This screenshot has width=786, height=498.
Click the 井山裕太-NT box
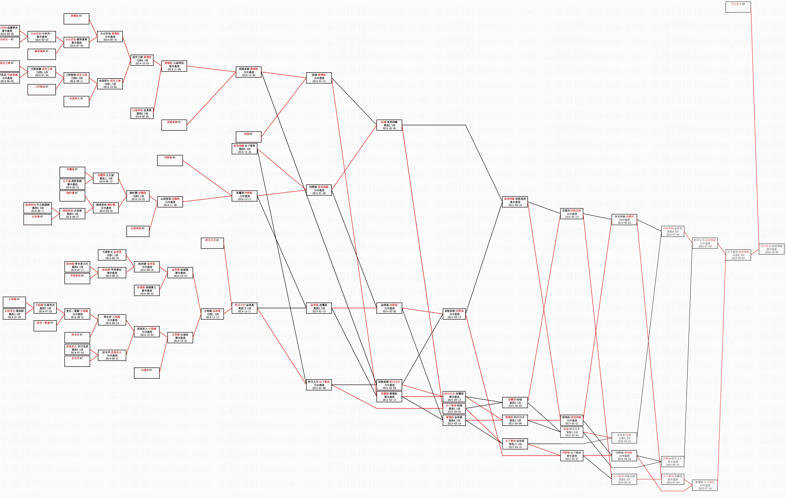738,7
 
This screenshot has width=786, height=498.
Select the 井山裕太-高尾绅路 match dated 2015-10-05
771,249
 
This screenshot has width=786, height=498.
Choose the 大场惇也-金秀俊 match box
142,113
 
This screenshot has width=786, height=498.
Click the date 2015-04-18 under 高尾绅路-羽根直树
515,205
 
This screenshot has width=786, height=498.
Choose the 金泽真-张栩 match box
624,438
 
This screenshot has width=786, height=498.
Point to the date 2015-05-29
624,482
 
